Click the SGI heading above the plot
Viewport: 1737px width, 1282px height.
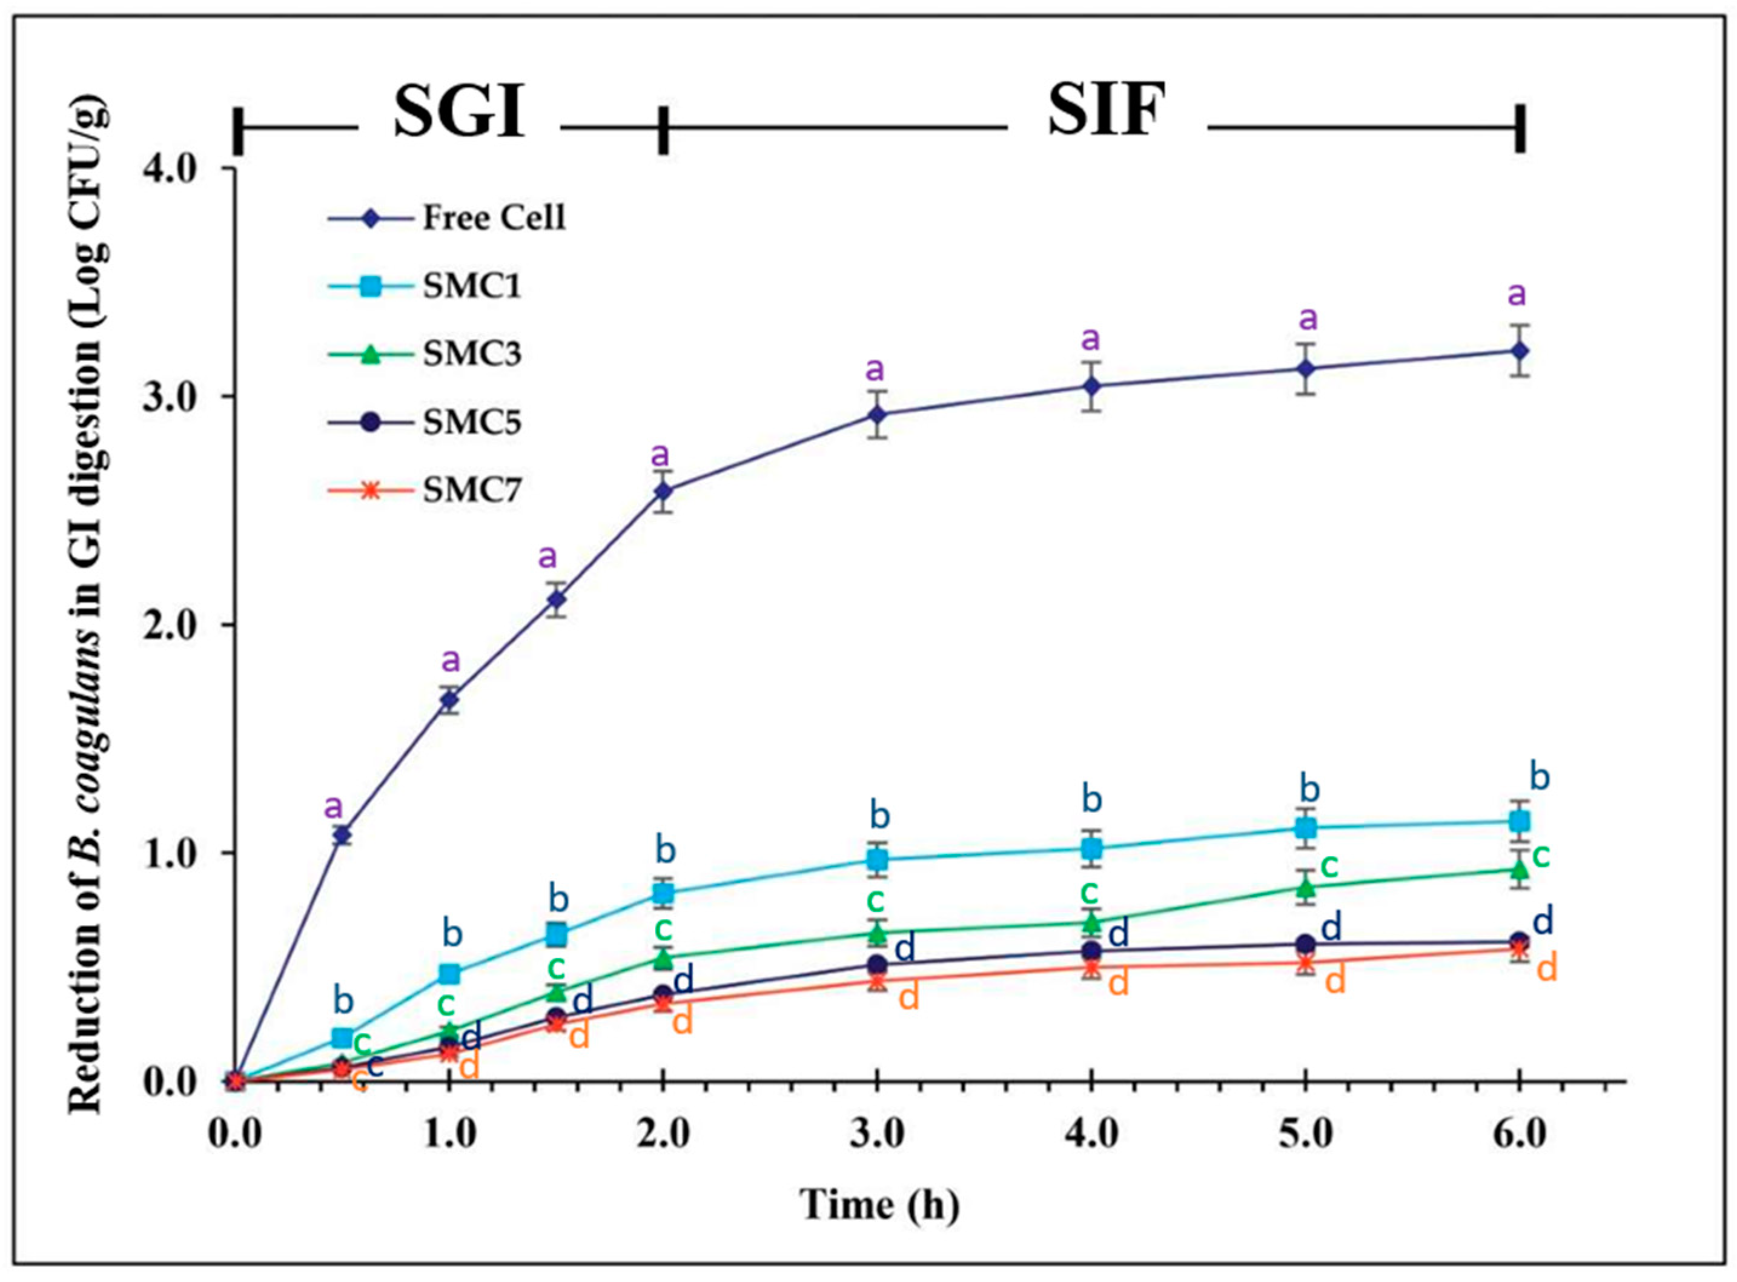pos(460,112)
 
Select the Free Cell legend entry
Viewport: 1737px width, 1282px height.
pos(494,218)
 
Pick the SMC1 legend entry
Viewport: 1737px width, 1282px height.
pos(471,286)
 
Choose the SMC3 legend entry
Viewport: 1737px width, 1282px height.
pos(471,354)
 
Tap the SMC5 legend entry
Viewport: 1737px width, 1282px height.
pos(471,422)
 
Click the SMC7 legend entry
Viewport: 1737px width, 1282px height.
pos(471,491)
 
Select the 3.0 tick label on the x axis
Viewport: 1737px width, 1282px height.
pos(877,1135)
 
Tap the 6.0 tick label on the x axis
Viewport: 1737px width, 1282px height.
pos(1520,1135)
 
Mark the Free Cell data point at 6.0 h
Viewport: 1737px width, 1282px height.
pos(1520,351)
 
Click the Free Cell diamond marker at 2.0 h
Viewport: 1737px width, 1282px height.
pos(663,491)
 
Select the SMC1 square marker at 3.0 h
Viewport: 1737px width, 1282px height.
pos(877,859)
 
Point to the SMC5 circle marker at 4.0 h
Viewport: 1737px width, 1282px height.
pos(1091,951)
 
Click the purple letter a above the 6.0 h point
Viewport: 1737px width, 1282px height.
pos(1517,295)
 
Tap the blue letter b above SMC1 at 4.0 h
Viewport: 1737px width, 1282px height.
pos(1092,800)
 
